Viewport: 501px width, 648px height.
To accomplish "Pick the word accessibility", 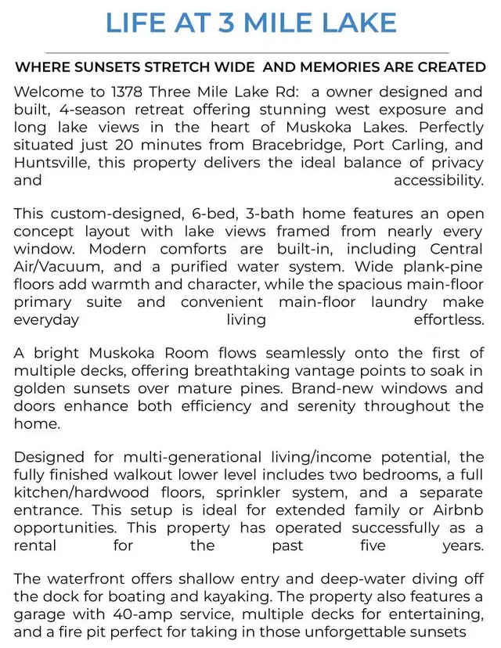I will [438, 180].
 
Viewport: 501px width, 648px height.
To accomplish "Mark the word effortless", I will [449, 319].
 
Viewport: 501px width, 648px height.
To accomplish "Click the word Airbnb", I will [460, 510].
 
